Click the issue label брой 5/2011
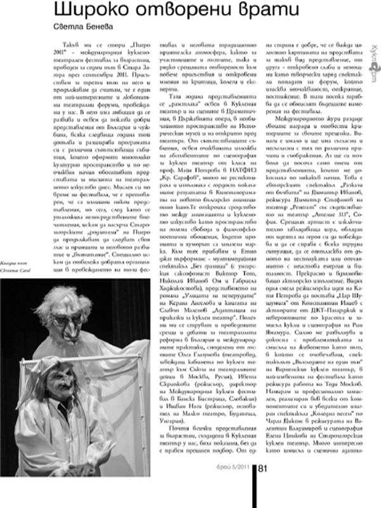click(235, 488)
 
